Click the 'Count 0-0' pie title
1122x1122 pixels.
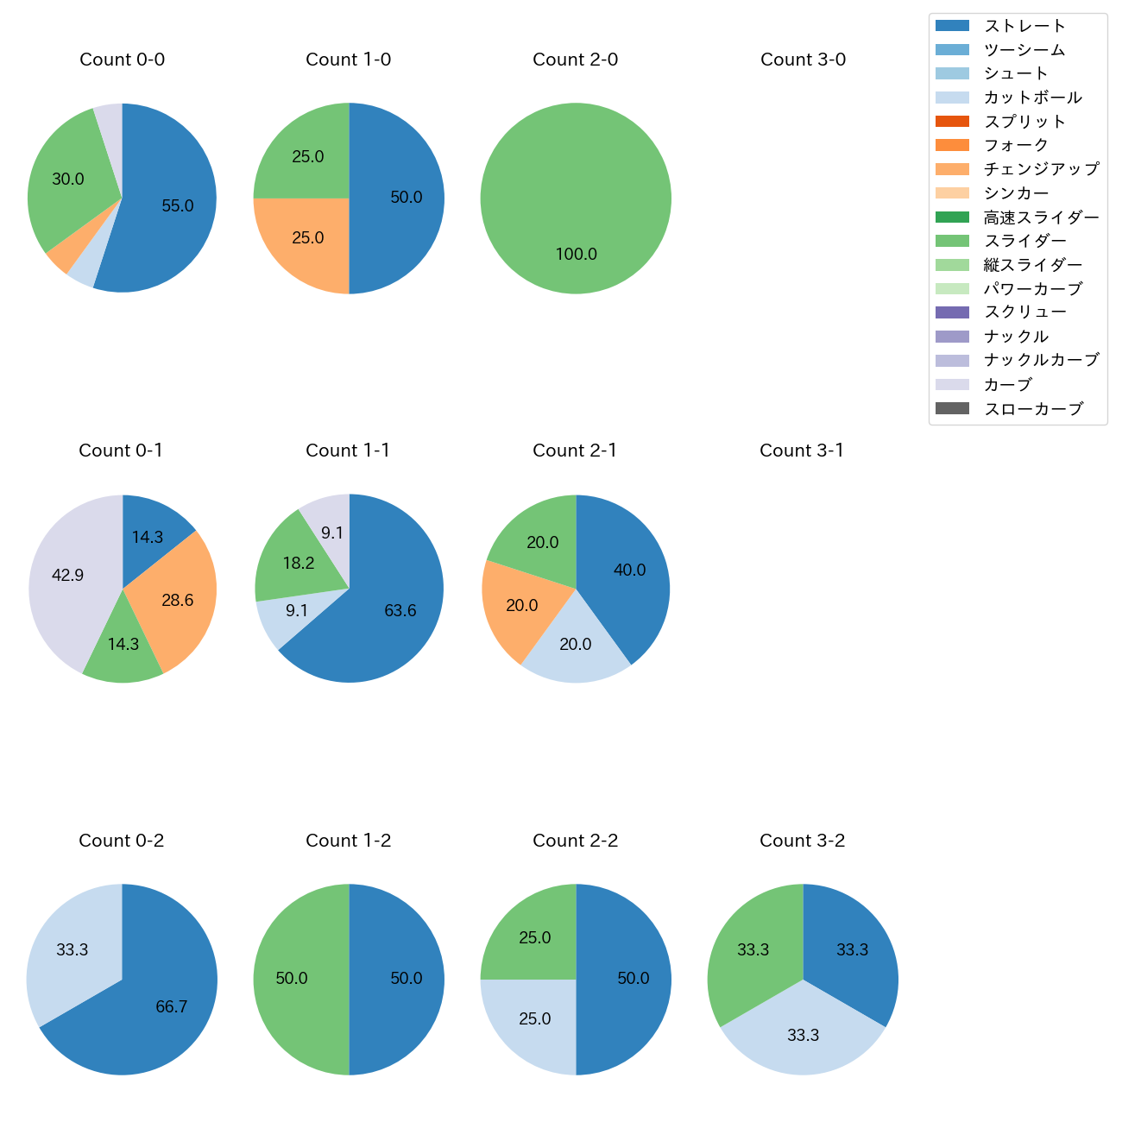click(122, 60)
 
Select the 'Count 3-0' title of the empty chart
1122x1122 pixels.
click(803, 60)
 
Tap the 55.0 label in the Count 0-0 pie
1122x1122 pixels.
click(178, 206)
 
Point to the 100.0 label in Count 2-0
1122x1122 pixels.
click(576, 255)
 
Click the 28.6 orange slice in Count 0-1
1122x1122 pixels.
click(178, 601)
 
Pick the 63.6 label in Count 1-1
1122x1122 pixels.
click(400, 611)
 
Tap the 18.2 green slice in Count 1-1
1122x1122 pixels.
click(298, 564)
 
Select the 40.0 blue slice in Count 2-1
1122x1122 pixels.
click(629, 570)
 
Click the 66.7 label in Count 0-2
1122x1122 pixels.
click(172, 1007)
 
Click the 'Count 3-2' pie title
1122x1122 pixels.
click(802, 841)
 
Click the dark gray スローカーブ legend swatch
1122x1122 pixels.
click(952, 408)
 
